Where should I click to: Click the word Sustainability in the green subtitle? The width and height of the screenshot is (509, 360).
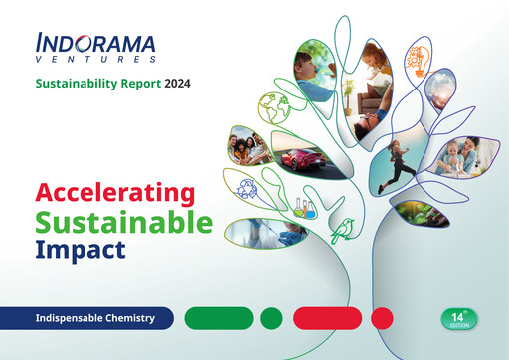(x=75, y=83)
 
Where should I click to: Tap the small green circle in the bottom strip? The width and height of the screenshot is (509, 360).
(x=270, y=317)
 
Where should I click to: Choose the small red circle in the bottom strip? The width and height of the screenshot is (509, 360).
(x=381, y=317)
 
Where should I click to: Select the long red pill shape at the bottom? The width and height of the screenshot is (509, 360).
(x=326, y=317)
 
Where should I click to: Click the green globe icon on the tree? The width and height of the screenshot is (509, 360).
(x=272, y=106)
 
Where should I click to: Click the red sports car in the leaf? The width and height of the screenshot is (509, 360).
(x=301, y=157)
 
